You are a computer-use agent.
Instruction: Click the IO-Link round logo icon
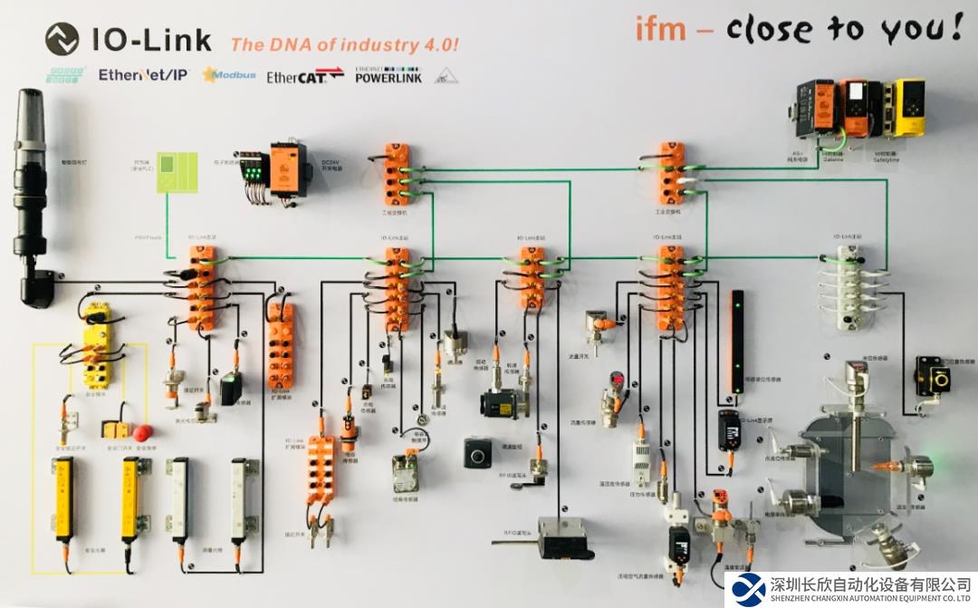click(62, 39)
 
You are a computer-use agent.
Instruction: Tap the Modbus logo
click(229, 74)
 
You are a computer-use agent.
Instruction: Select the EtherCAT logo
click(304, 76)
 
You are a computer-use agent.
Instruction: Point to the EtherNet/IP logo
click(143, 74)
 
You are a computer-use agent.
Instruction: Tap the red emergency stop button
click(142, 431)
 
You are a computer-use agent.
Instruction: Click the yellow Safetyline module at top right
click(904, 109)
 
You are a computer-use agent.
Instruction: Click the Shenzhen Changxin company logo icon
click(749, 589)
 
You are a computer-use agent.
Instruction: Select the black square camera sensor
click(477, 452)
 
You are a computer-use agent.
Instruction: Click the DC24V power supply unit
click(289, 169)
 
